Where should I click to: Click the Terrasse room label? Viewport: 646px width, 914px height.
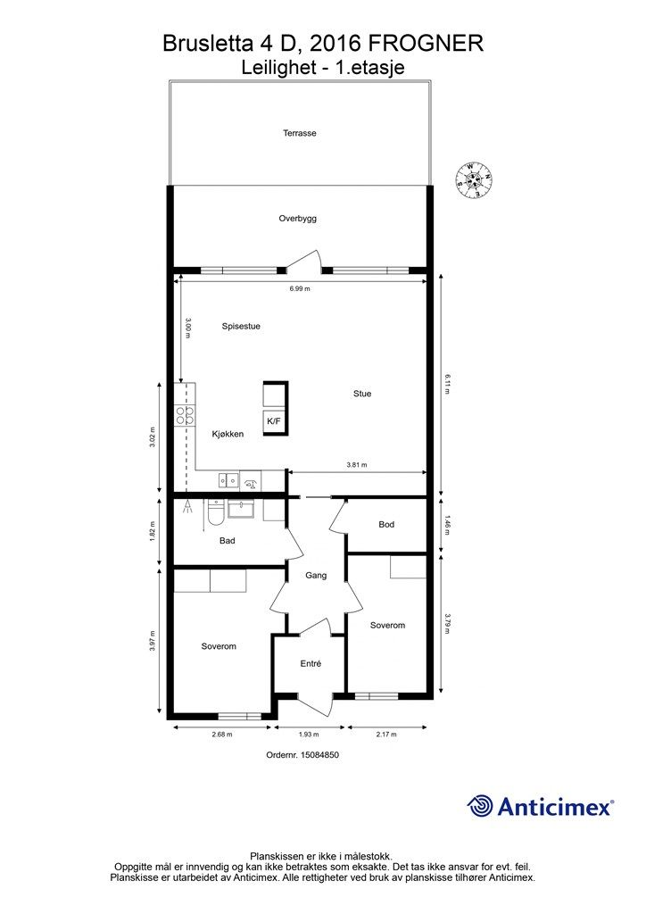pyautogui.click(x=300, y=133)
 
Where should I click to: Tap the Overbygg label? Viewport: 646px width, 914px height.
pyautogui.click(x=297, y=219)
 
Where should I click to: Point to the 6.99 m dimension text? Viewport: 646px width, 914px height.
pyautogui.click(x=300, y=288)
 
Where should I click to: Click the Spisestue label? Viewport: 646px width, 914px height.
pyautogui.click(x=241, y=327)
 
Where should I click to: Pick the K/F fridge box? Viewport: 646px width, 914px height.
pyautogui.click(x=274, y=420)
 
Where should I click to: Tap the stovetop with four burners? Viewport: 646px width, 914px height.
pyautogui.click(x=185, y=414)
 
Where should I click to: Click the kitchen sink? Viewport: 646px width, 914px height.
pyautogui.click(x=228, y=479)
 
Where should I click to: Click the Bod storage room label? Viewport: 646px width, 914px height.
pyautogui.click(x=386, y=525)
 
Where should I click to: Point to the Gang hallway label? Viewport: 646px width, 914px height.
pyautogui.click(x=316, y=576)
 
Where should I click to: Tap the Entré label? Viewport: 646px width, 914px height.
pyautogui.click(x=311, y=663)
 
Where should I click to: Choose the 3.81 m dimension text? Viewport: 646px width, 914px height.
pyautogui.click(x=357, y=465)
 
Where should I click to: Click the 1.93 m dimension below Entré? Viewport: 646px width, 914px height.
pyautogui.click(x=309, y=735)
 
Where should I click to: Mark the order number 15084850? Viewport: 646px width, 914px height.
pyautogui.click(x=302, y=755)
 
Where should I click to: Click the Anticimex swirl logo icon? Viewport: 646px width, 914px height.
pyautogui.click(x=480, y=807)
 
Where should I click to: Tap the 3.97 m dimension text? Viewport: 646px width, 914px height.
pyautogui.click(x=153, y=641)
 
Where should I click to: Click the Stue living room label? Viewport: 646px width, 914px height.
pyautogui.click(x=361, y=394)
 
